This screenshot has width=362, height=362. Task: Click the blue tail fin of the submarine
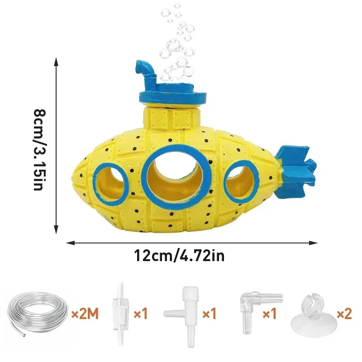[x=297, y=166]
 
